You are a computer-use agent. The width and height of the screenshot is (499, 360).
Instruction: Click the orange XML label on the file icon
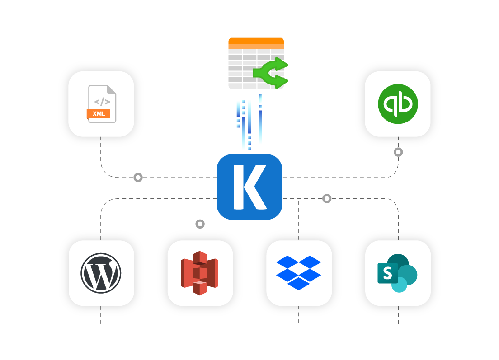click(x=99, y=114)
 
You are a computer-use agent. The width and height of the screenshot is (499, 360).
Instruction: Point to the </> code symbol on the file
click(x=102, y=101)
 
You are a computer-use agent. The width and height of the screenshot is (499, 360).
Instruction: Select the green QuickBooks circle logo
click(x=398, y=104)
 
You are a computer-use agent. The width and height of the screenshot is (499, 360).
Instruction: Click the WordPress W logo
click(x=101, y=273)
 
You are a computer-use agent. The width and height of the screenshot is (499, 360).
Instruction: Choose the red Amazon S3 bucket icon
click(x=200, y=273)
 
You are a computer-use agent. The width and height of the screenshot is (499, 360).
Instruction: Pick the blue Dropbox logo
click(x=298, y=272)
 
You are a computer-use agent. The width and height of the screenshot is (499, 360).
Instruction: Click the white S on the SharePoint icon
click(x=387, y=273)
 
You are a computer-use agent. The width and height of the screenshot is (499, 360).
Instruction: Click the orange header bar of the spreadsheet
click(x=256, y=41)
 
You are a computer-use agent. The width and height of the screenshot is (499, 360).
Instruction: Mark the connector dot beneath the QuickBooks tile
click(x=398, y=152)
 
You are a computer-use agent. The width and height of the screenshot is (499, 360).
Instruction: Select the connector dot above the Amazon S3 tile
click(x=200, y=224)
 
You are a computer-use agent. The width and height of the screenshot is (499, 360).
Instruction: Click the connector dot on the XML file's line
click(x=138, y=178)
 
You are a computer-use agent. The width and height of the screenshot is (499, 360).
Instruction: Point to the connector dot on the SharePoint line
click(x=327, y=198)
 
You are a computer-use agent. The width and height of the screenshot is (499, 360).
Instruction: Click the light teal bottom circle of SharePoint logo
click(x=400, y=285)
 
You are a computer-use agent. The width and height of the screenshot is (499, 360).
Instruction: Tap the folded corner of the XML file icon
click(x=112, y=90)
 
